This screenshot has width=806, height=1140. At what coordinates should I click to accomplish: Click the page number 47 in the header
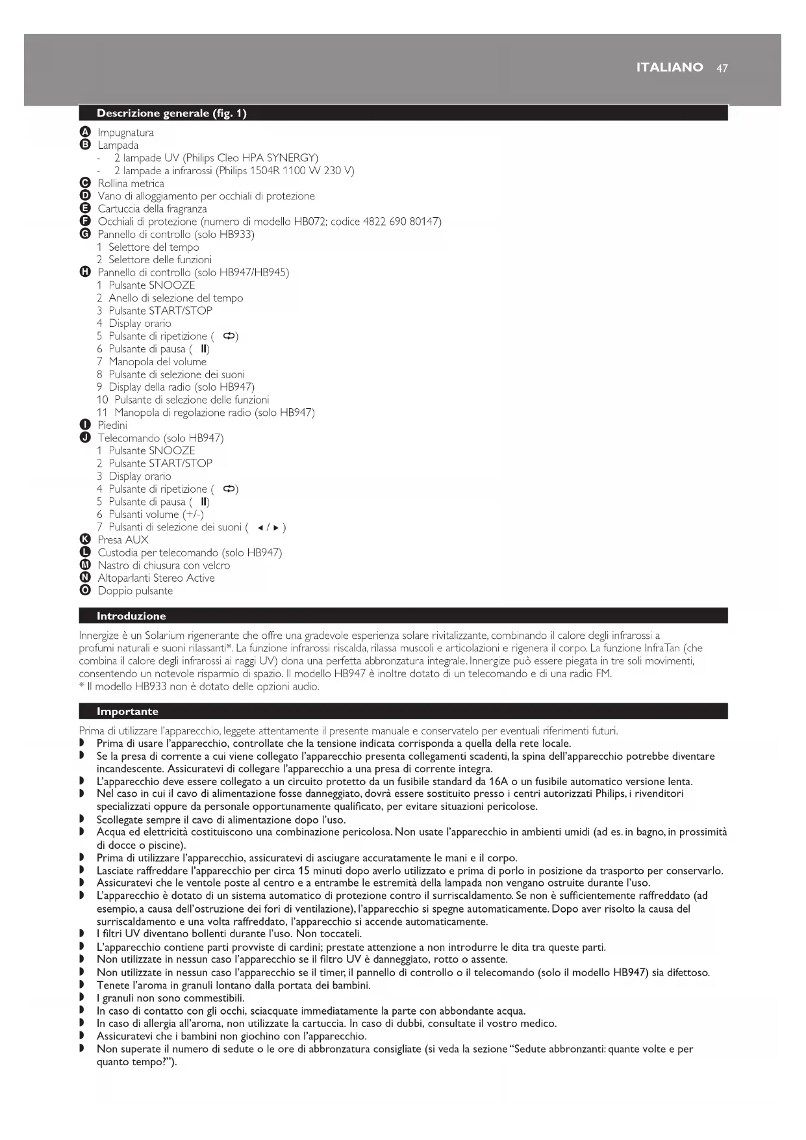(722, 68)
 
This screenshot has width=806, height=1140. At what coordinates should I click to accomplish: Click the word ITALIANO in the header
(669, 68)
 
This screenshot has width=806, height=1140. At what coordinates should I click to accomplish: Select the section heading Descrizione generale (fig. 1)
(171, 113)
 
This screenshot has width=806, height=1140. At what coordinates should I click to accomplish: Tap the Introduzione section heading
(131, 615)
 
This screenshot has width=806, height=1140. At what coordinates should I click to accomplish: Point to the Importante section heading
(127, 711)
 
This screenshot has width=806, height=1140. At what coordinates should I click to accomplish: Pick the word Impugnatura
(125, 133)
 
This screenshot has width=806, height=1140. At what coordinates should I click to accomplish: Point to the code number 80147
(425, 222)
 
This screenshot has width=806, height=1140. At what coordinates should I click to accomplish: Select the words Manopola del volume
(157, 361)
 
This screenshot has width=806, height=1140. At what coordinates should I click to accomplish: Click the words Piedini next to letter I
(112, 425)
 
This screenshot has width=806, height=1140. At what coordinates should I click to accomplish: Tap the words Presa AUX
(123, 539)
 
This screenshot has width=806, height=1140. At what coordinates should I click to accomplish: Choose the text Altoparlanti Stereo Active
(156, 578)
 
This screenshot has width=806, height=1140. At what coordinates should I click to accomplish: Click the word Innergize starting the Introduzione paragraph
(100, 635)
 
